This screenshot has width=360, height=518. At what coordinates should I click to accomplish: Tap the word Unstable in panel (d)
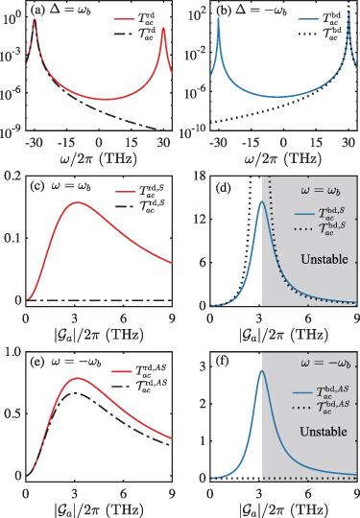pyautogui.click(x=324, y=259)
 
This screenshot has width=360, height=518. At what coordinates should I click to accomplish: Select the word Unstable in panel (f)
pyautogui.click(x=324, y=432)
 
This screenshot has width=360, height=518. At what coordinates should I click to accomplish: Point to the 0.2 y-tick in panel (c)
pyautogui.click(x=12, y=177)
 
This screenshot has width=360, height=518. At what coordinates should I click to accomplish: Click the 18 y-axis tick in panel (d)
pyautogui.click(x=200, y=177)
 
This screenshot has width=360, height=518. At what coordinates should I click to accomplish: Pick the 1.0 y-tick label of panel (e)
pyautogui.click(x=12, y=352)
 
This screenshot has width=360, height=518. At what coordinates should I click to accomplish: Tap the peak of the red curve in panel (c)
pyautogui.click(x=77, y=202)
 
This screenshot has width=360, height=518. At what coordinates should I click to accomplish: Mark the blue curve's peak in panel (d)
pyautogui.click(x=262, y=201)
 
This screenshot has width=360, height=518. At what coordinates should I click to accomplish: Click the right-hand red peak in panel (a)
pyautogui.click(x=163, y=29)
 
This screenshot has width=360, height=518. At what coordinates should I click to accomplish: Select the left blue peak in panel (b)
pyautogui.click(x=218, y=17)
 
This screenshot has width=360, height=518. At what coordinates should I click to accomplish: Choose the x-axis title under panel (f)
pyautogui.click(x=283, y=510)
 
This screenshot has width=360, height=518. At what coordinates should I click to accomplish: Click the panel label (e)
pyautogui.click(x=37, y=363)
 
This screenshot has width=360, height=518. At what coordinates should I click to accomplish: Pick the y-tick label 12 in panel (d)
pyautogui.click(x=200, y=220)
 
